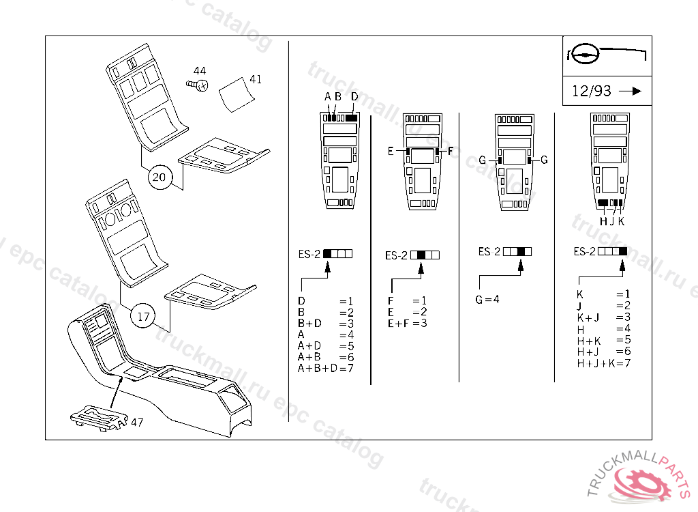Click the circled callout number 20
coord(160,177)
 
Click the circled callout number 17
coord(143,316)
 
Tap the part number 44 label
coord(200,70)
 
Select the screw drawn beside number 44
coord(197,85)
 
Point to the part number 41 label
coord(256,79)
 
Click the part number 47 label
coord(136,422)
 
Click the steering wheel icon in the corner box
coord(586,55)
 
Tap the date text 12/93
coord(591,91)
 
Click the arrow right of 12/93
coord(631,91)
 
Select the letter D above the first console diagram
coord(354,97)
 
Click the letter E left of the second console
coord(391,151)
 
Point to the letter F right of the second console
coord(450,151)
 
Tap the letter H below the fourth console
coord(603,221)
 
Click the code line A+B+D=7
coord(325,369)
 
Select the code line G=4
coord(487,299)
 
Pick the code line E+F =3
coord(407,324)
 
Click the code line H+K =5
coord(604,341)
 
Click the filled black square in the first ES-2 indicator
coord(327,254)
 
